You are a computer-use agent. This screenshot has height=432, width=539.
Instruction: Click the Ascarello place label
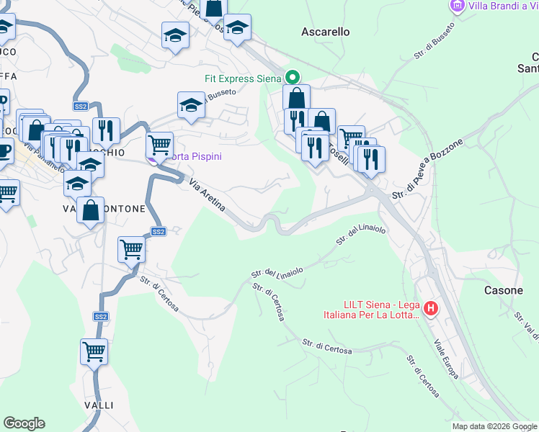325,32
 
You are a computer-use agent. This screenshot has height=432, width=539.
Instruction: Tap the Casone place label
503,290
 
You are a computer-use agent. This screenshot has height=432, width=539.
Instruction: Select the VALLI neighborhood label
98,405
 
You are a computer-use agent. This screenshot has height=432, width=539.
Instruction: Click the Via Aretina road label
208,197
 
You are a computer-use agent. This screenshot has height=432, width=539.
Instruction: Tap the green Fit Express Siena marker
293,77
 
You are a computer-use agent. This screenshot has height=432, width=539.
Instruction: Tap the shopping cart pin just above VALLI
94,351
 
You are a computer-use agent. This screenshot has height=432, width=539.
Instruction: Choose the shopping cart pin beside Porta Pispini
159,144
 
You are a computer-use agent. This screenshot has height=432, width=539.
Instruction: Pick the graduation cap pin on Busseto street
191,104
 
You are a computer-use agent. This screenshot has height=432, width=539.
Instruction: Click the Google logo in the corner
24,423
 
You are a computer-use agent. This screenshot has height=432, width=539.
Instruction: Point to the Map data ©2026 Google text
494,426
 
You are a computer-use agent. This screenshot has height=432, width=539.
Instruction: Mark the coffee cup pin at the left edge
3,152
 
